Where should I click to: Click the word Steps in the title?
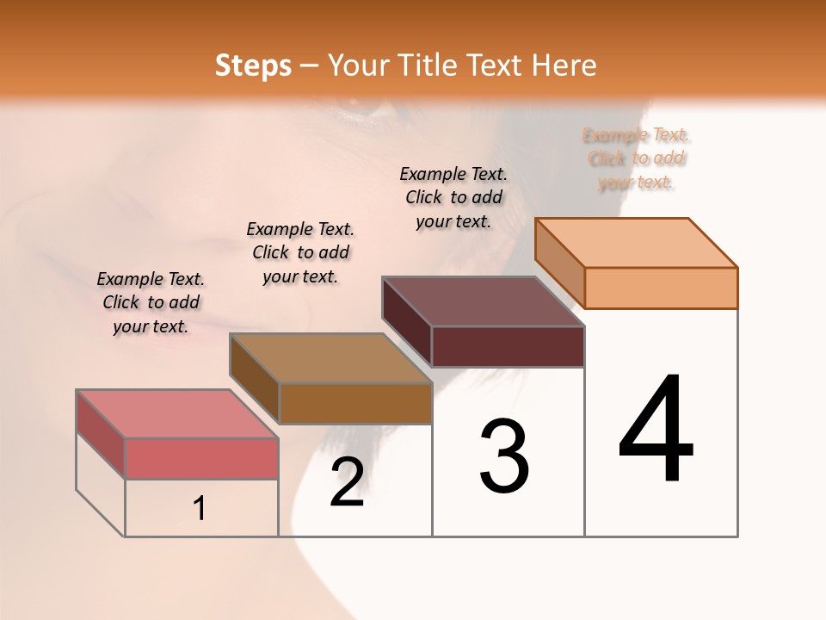click(253, 65)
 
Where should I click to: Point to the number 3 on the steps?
click(504, 456)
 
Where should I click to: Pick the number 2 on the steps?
click(347, 483)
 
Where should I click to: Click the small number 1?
click(200, 509)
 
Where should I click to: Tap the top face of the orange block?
click(637, 242)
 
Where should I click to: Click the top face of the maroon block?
click(484, 301)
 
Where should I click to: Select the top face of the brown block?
click(330, 358)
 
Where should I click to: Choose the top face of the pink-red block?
click(177, 414)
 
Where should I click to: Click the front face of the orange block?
click(661, 288)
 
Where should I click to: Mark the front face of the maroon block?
click(508, 346)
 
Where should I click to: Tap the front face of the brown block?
click(355, 403)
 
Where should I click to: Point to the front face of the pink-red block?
click(201, 458)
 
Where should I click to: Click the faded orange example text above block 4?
click(637, 158)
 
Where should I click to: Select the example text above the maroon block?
click(453, 197)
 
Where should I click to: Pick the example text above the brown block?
click(300, 252)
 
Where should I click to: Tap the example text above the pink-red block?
click(151, 302)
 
